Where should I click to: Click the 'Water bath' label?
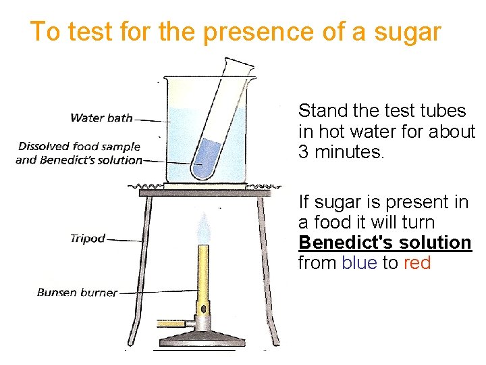point(101,118)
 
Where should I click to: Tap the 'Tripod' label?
point(87,238)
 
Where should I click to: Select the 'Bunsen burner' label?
point(77,293)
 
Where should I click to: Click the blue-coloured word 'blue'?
point(359,263)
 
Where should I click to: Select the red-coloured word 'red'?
point(417,263)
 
